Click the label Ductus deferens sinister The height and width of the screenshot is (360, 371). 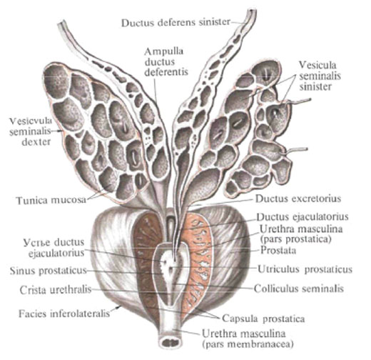176,23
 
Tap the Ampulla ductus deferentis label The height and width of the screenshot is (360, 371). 166,61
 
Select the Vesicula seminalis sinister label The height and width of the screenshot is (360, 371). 320,76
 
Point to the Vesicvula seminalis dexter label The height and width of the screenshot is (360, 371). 31,131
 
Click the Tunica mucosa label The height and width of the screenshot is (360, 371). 51,200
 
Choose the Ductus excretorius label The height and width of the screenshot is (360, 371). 298,199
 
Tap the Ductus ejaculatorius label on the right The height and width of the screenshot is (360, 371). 303,216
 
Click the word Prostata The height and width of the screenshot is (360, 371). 278,250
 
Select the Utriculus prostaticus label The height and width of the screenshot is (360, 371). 305,269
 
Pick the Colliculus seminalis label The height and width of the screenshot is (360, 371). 299,289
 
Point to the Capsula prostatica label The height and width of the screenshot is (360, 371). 263,319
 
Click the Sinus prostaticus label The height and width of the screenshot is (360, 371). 48,271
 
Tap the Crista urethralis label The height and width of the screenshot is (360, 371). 56,290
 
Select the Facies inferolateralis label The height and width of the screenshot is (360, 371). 64,314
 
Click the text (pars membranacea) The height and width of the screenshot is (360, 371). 248,344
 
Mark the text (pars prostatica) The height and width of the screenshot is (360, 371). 295,239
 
